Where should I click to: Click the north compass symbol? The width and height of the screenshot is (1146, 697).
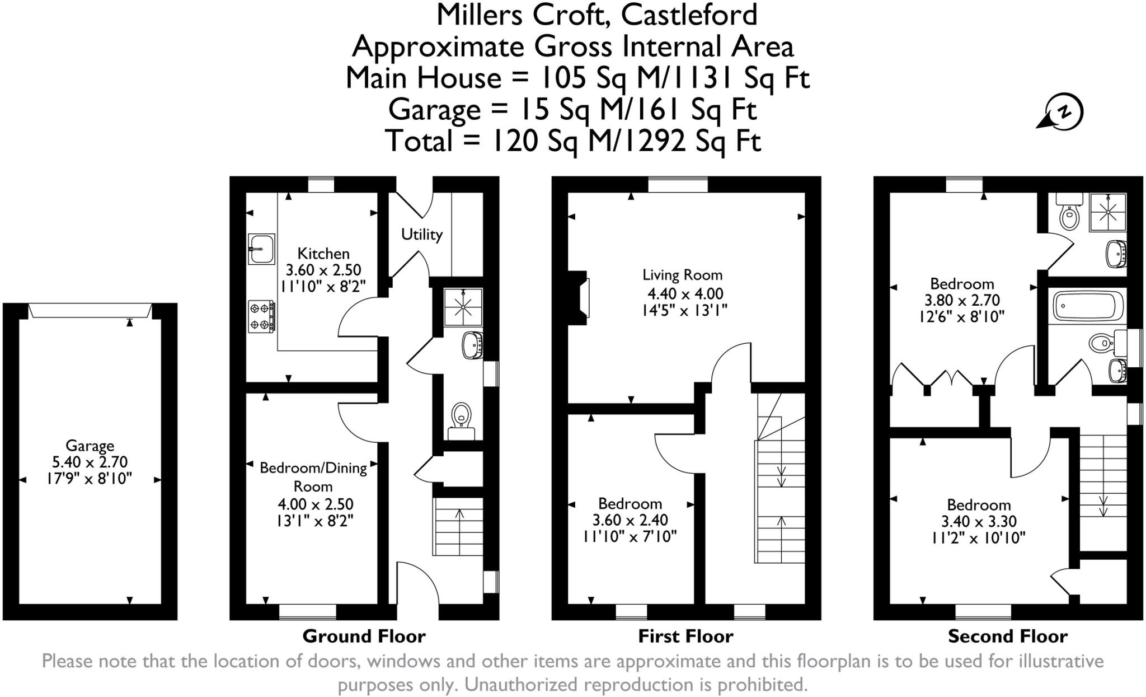pos(1063,112)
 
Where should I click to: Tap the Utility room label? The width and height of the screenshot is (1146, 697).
pos(421,234)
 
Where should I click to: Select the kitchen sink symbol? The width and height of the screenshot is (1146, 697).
pos(261,249)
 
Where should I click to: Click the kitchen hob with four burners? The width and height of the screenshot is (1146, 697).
pos(261,316)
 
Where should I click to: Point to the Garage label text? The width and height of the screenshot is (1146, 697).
pos(90,446)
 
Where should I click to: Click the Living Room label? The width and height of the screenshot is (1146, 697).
pos(682,275)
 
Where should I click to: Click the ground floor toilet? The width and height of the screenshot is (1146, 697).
pos(461,417)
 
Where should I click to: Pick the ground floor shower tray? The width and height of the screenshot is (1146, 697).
pos(463,307)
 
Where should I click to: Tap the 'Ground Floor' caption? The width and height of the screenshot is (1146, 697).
pos(364,637)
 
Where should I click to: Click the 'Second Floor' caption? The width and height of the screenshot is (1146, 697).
pos(1007,637)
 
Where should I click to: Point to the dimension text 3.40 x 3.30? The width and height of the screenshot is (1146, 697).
pos(978,522)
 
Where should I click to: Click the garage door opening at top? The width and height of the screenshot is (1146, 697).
pos(90,310)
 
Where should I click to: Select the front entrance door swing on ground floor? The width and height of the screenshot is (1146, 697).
pos(417,582)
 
